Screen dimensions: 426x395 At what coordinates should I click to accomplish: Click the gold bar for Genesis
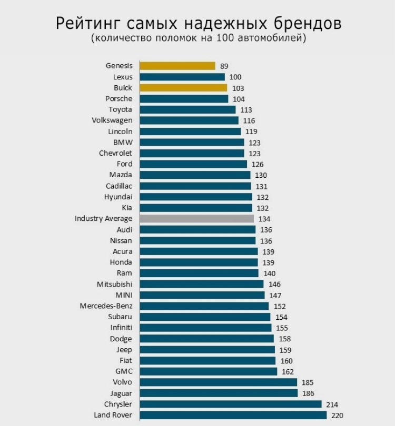(x=177, y=66)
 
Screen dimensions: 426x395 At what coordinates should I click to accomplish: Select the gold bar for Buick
(x=183, y=88)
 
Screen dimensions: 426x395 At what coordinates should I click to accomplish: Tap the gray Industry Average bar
(x=196, y=218)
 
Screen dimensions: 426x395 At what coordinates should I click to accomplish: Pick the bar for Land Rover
(x=233, y=415)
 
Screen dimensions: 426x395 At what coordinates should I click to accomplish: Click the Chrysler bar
(x=230, y=404)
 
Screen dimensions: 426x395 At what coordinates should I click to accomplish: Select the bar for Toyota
(x=187, y=109)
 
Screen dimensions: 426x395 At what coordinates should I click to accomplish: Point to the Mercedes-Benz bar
(x=204, y=306)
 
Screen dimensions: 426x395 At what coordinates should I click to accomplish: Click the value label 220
(x=337, y=415)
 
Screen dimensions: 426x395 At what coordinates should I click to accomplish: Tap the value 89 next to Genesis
(x=224, y=66)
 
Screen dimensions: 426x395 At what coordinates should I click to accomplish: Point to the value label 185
(x=307, y=383)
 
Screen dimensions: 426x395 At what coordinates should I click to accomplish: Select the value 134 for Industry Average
(x=263, y=219)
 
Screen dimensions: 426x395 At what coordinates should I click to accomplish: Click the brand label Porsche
(x=119, y=98)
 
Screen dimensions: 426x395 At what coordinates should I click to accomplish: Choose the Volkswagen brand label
(x=112, y=120)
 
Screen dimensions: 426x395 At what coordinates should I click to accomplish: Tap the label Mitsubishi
(x=115, y=284)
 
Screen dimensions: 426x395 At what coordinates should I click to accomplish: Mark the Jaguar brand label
(x=121, y=393)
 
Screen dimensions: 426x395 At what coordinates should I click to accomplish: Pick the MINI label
(x=124, y=295)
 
